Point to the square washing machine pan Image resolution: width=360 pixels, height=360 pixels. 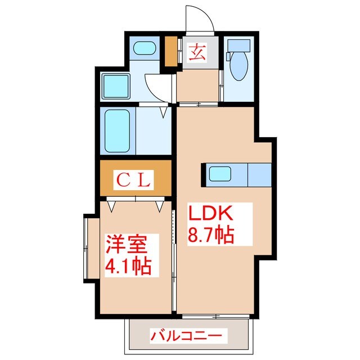(116, 85)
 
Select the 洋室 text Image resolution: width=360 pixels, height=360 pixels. (127, 245)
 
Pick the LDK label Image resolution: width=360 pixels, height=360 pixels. (209, 215)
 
